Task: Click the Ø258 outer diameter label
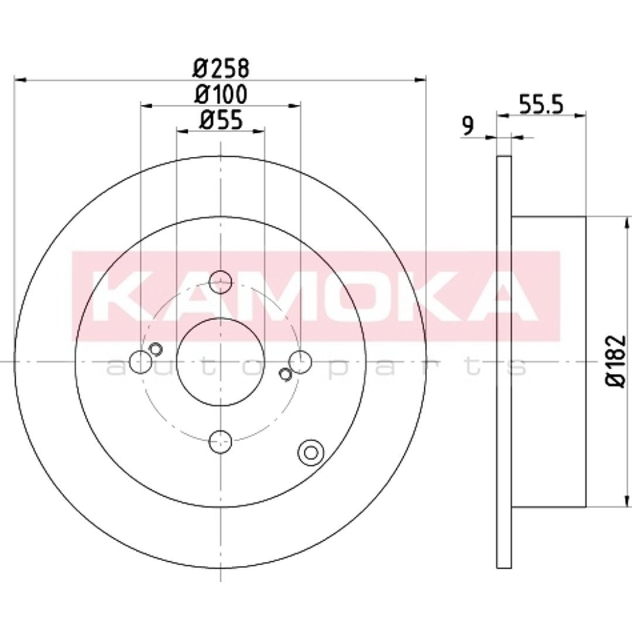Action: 221,68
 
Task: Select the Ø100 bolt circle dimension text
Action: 221,94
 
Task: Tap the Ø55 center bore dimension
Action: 221,120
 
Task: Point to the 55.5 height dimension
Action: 541,104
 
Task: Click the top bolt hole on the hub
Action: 221,281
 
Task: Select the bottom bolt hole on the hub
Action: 221,442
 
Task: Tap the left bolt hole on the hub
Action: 140,362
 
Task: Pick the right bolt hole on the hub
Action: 300,362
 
